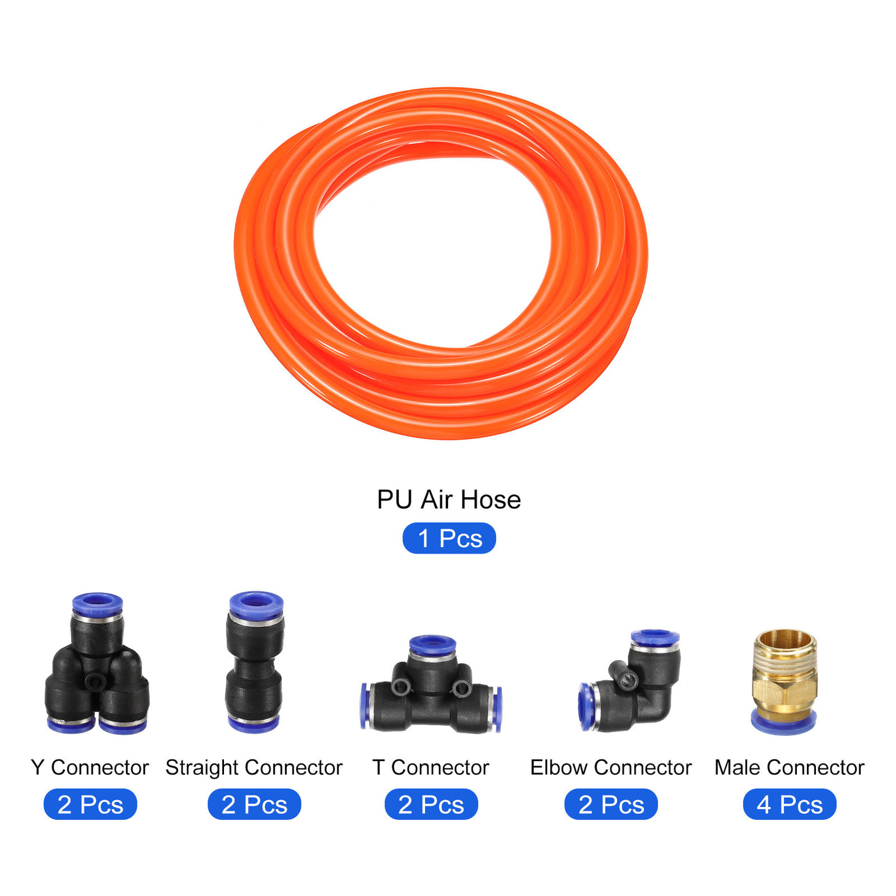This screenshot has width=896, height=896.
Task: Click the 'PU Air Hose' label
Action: coord(449,500)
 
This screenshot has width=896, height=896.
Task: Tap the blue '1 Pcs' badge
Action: coord(449,538)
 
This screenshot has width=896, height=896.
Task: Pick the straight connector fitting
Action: coord(255,662)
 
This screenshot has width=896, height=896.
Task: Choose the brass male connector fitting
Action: coord(784,682)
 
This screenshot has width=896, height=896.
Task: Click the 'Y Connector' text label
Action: coord(90,767)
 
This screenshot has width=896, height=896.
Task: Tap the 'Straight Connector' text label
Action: coord(254,767)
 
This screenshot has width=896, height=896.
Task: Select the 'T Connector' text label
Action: coord(431,767)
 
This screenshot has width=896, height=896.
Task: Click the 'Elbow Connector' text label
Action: coord(611,767)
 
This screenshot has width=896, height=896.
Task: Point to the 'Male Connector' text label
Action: coord(789,767)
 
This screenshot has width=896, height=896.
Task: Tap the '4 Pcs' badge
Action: coord(789,804)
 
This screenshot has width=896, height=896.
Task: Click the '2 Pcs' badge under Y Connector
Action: coord(90,804)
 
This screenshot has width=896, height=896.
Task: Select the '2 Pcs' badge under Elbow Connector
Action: coord(611,804)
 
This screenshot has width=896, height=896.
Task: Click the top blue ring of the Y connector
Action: coord(97,604)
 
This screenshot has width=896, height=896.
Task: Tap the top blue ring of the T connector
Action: coord(433,644)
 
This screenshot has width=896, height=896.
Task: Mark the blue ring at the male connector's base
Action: coord(783,723)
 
